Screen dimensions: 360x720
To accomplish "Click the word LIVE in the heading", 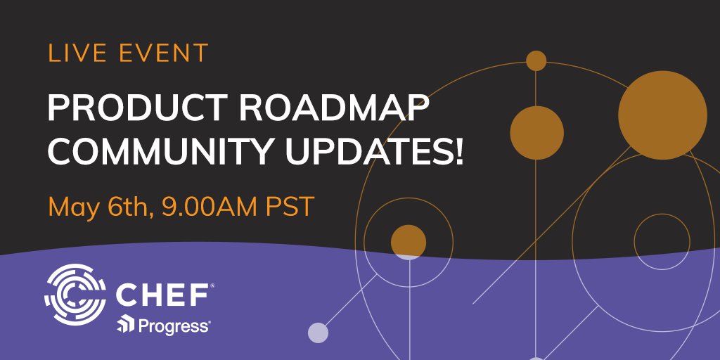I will coord(73,53).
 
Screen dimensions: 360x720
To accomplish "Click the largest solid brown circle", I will coord(662,115).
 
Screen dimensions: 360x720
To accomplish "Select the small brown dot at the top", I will coord(536,61).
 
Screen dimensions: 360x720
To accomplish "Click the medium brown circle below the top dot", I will coord(536,132).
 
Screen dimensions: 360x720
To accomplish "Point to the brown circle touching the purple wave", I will coord(409,241).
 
